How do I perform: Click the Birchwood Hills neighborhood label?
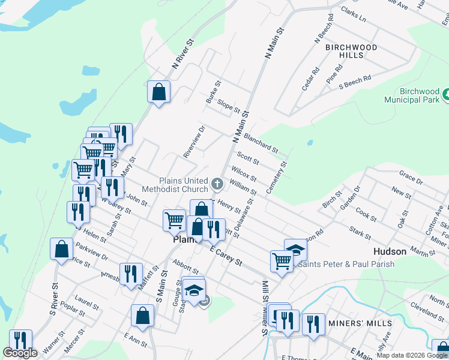tap(351, 51)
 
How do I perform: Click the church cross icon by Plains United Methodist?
tap(217, 182)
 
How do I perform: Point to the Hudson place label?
tap(390, 251)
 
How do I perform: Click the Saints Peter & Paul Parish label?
tap(346, 264)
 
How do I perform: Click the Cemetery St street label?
tap(277, 177)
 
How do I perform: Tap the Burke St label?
tap(213, 92)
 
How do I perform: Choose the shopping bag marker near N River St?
tap(158, 92)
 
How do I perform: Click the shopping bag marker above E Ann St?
tap(142, 316)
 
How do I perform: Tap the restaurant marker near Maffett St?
tap(130, 274)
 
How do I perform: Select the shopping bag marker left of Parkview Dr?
tap(62, 250)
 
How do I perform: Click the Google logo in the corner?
tap(20, 353)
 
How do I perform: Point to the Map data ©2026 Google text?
tap(412, 355)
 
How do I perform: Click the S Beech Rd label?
tap(355, 81)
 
